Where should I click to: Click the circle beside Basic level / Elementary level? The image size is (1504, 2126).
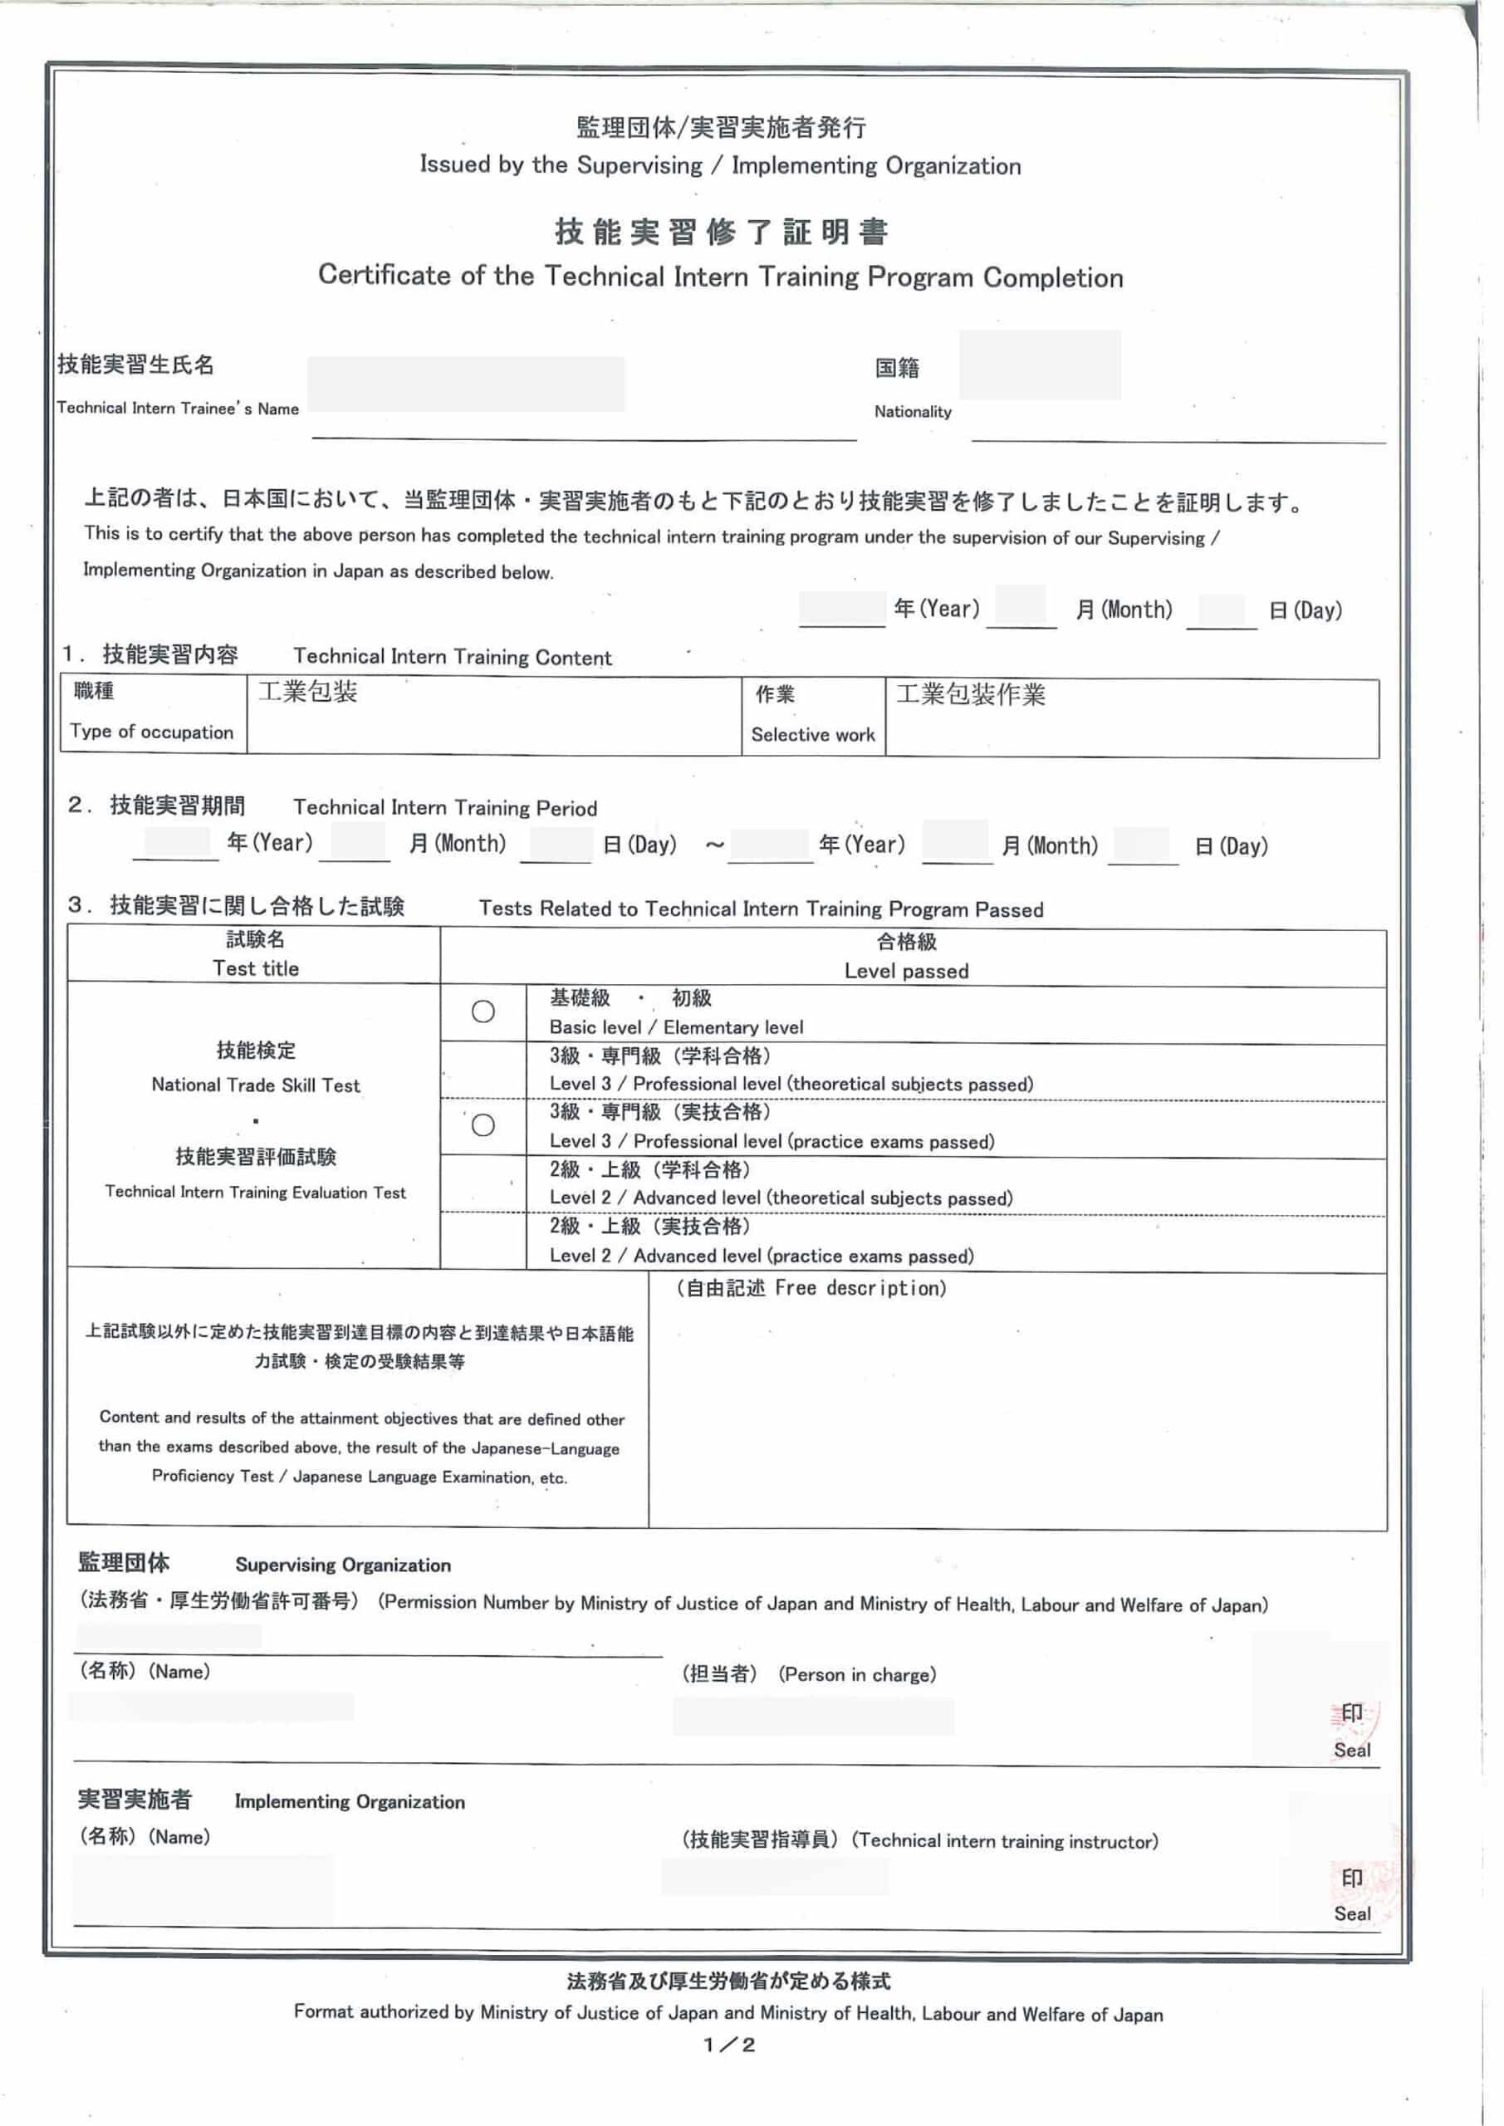483,1012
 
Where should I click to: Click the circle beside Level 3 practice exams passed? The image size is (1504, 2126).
483,1125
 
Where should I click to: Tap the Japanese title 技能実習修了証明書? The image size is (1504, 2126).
722,232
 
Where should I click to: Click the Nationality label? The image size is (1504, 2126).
912,412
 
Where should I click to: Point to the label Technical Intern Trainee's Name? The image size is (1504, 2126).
178,409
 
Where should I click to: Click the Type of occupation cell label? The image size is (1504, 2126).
152,732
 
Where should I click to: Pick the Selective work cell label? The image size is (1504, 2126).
812,734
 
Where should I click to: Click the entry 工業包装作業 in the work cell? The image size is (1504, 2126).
970,694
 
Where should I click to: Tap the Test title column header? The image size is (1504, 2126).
256,968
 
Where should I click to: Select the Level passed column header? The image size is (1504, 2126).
906,971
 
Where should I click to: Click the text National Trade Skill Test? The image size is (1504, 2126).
256,1085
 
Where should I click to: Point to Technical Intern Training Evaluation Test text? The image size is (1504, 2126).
256,1192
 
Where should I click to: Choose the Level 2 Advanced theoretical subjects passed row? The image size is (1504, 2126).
780,1198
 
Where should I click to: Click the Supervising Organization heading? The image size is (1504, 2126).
343,1565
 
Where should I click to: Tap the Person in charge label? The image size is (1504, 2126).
857,1674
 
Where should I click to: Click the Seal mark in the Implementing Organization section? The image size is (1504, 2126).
1351,1914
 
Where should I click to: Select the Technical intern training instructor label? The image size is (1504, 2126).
1005,1841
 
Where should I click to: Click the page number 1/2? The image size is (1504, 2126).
729,2045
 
